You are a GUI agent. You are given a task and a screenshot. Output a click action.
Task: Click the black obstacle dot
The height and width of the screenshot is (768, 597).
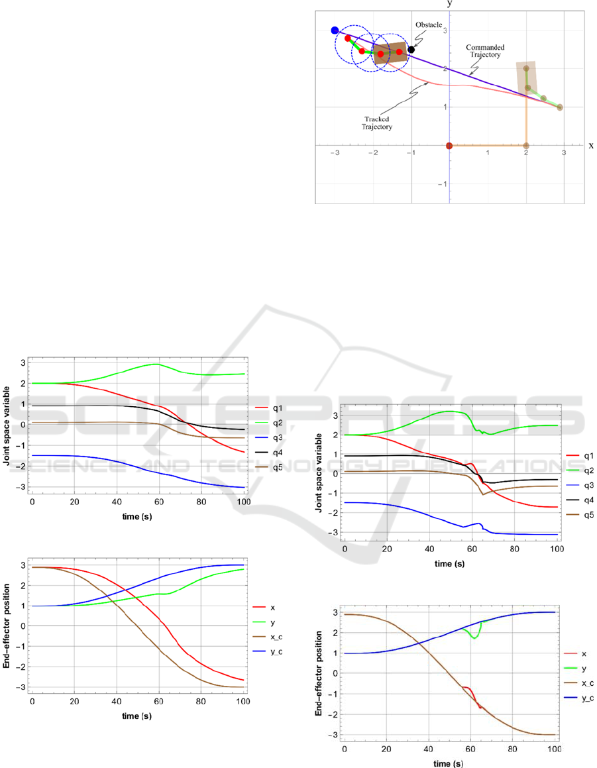pos(411,50)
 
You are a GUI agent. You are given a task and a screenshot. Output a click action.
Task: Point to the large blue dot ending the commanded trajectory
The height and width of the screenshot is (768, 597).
pos(335,30)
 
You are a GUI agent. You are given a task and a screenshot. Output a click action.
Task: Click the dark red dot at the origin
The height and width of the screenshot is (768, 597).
pos(449,146)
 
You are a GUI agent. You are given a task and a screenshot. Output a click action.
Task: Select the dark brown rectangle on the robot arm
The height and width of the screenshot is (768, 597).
pos(390,53)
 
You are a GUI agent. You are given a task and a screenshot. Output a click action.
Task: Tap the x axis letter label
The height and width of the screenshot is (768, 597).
pos(590,145)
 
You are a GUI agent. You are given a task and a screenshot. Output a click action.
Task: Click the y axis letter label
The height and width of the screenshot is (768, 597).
pos(449,4)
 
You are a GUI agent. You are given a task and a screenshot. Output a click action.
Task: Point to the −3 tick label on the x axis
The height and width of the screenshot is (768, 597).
pos(335,154)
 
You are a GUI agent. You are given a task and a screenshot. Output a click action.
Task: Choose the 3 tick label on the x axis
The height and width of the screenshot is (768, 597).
pos(564,154)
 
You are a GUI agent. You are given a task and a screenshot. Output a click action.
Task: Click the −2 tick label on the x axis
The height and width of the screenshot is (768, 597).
pos(373,154)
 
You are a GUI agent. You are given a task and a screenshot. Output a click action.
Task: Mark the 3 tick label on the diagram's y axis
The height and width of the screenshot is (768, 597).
pos(445,31)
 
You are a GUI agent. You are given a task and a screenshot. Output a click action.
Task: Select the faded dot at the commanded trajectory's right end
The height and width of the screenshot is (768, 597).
pos(560,107)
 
